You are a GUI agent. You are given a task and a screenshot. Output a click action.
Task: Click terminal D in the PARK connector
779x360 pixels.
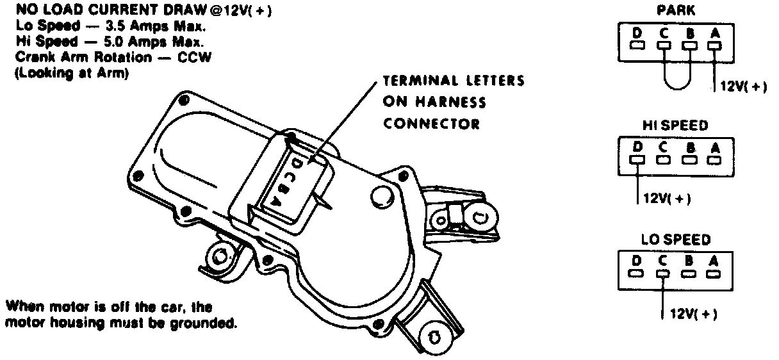(x=637, y=45)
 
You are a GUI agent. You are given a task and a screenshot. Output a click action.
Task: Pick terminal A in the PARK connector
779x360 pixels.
(x=714, y=45)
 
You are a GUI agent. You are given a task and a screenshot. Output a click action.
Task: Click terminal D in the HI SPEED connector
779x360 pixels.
(x=637, y=160)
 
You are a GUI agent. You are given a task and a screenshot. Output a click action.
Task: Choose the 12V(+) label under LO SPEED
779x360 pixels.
(x=692, y=315)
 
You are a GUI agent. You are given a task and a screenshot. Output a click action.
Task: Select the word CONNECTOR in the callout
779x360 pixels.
(x=431, y=124)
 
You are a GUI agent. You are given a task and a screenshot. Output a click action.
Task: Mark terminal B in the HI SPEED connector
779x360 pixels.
(x=689, y=160)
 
